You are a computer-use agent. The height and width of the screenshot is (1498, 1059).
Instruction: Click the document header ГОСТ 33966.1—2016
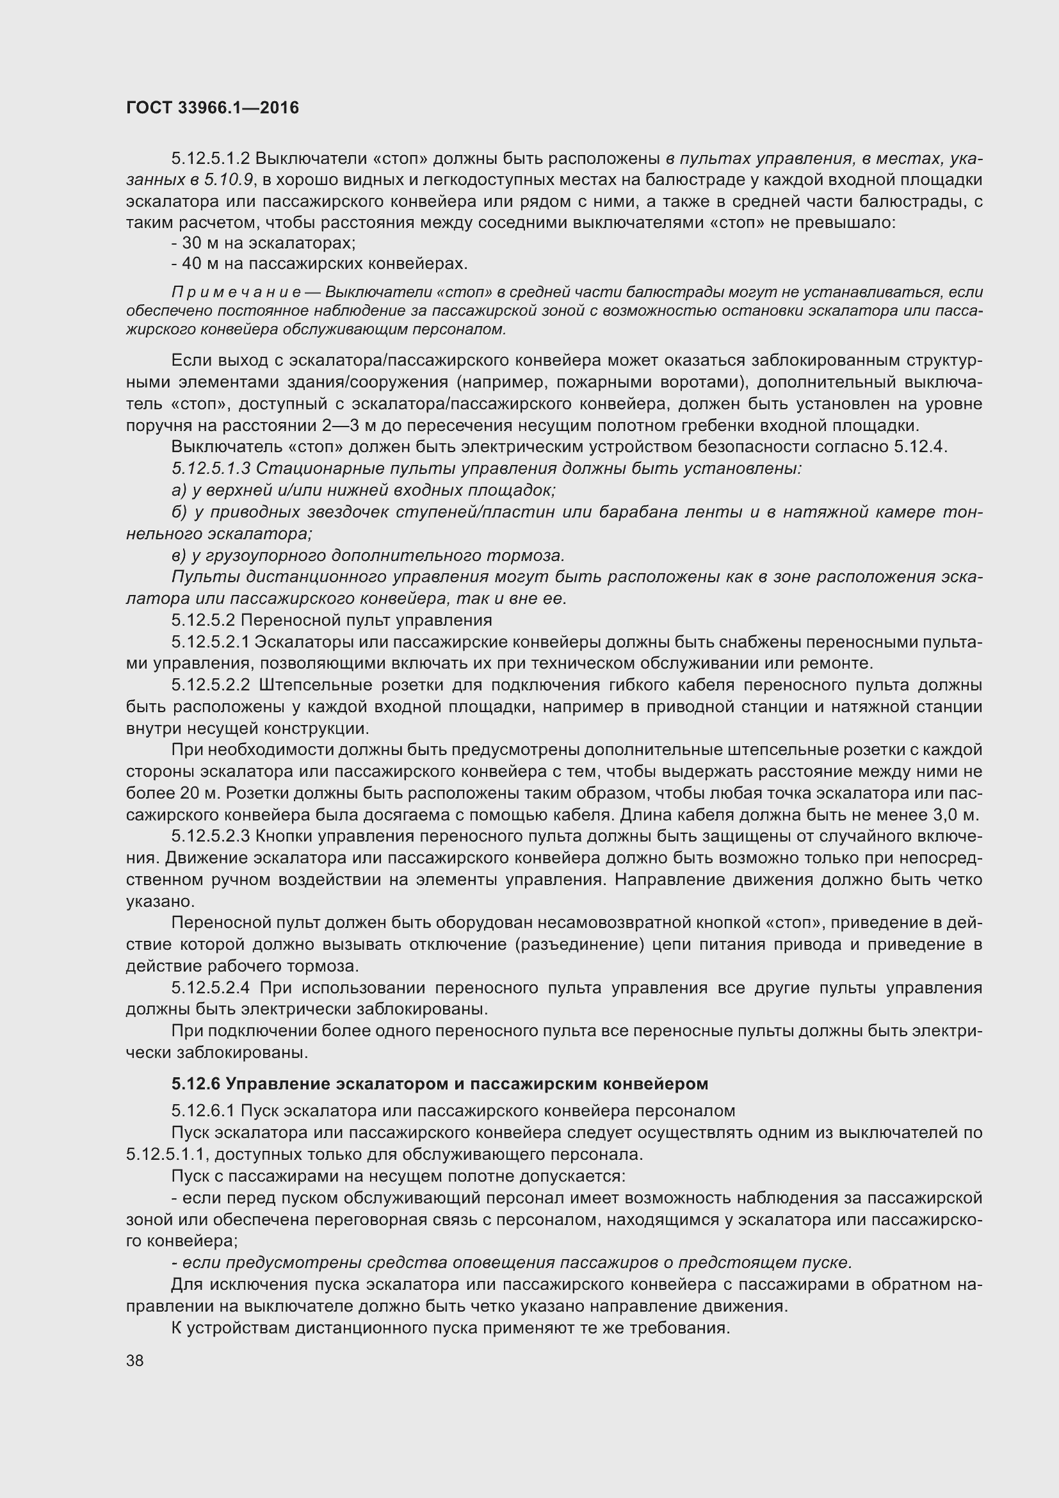pyautogui.click(x=212, y=108)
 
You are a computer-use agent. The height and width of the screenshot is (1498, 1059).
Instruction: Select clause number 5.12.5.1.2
pyautogui.click(x=211, y=159)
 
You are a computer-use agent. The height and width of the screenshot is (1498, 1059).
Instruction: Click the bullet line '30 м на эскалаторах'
pyautogui.click(x=263, y=243)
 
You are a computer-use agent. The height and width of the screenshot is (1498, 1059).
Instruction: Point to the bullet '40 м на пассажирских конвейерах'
pyautogui.click(x=319, y=265)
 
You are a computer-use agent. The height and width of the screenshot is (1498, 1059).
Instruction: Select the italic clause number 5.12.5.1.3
pyautogui.click(x=211, y=468)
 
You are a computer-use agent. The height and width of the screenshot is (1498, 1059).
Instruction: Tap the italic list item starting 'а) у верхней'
pyautogui.click(x=362, y=490)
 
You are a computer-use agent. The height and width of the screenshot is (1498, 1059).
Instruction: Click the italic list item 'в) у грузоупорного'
pyautogui.click(x=368, y=555)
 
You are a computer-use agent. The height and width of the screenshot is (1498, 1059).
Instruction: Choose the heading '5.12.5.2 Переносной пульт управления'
pyautogui.click(x=331, y=620)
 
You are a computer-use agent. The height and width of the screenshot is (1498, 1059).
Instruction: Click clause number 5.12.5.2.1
pyautogui.click(x=211, y=642)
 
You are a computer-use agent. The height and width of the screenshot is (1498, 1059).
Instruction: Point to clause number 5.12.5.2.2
pyautogui.click(x=211, y=685)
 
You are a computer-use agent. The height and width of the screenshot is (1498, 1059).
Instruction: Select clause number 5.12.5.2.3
pyautogui.click(x=211, y=836)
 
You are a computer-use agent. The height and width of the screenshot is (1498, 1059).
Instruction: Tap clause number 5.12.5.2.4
pyautogui.click(x=211, y=988)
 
